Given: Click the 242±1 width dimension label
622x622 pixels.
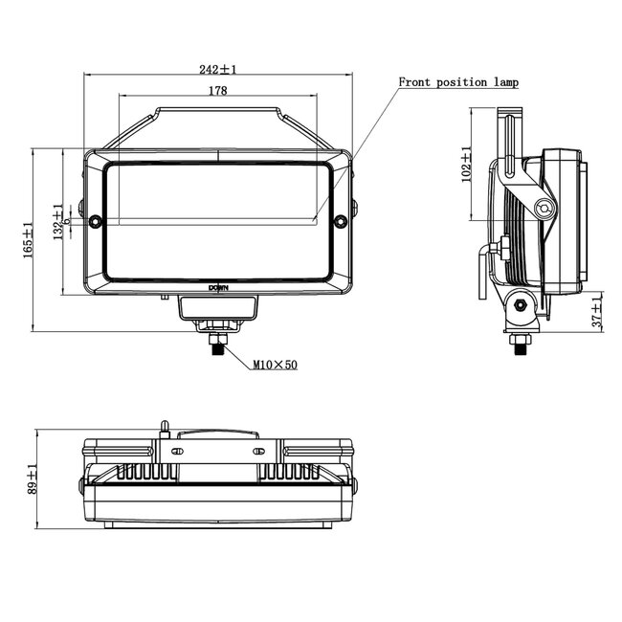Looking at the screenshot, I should pos(218,69).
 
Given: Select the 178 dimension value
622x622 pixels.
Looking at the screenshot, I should pos(217,91).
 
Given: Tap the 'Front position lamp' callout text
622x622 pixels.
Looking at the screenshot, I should pos(458,82).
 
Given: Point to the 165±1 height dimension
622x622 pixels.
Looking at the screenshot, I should pos(29,238).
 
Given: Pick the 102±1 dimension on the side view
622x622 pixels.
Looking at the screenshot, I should pos(466,164).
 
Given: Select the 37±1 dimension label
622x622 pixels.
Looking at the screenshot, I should pos(597,312).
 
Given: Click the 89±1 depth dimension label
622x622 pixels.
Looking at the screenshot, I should pos(32,478).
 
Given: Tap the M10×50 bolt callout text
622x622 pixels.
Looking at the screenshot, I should pos(275,365).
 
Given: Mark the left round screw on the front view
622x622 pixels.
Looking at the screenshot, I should pos(95,222).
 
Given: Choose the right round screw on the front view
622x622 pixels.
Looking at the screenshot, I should pos(342,222).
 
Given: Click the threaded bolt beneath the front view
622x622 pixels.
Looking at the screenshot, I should pos(218,345).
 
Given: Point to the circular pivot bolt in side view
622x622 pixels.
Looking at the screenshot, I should pos(544,209).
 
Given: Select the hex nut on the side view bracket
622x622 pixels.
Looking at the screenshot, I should pos(520,305).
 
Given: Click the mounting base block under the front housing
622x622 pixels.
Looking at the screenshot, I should pos(218,307).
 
